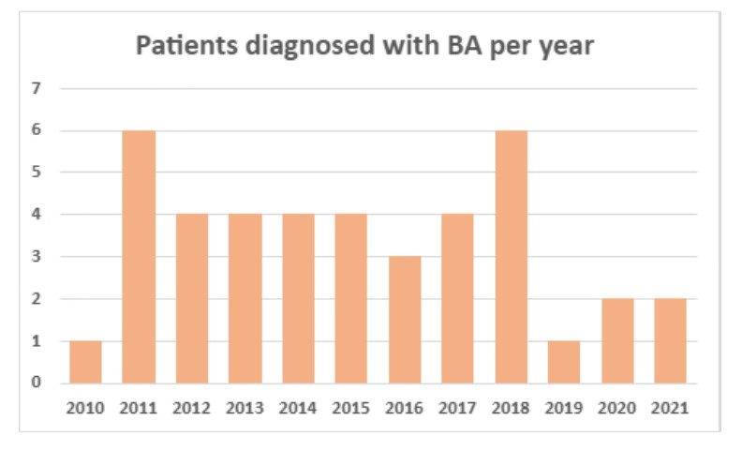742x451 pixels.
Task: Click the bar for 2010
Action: [x=85, y=362]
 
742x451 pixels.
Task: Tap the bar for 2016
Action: [x=405, y=320]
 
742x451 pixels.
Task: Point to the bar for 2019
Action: [x=564, y=362]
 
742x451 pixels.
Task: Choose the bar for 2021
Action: [x=671, y=341]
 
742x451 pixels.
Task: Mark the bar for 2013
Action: [x=245, y=298]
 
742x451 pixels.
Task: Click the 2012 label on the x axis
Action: [x=192, y=408]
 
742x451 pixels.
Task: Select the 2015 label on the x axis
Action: [x=351, y=408]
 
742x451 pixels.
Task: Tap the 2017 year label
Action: [x=458, y=408]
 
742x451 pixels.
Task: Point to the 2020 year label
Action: [x=617, y=408]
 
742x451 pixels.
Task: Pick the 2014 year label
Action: [x=298, y=408]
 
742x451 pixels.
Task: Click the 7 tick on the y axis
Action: [x=37, y=89]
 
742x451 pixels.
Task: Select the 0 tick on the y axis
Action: [x=37, y=383]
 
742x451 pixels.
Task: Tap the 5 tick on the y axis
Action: [x=37, y=173]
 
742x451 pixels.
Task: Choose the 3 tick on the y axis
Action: [x=37, y=257]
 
